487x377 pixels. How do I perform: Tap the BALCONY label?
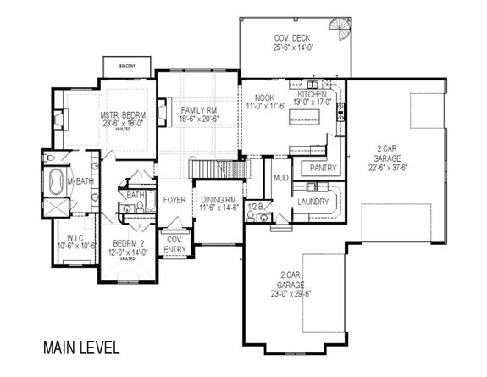127,63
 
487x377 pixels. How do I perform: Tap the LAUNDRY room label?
313,201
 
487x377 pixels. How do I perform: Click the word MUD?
280,178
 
